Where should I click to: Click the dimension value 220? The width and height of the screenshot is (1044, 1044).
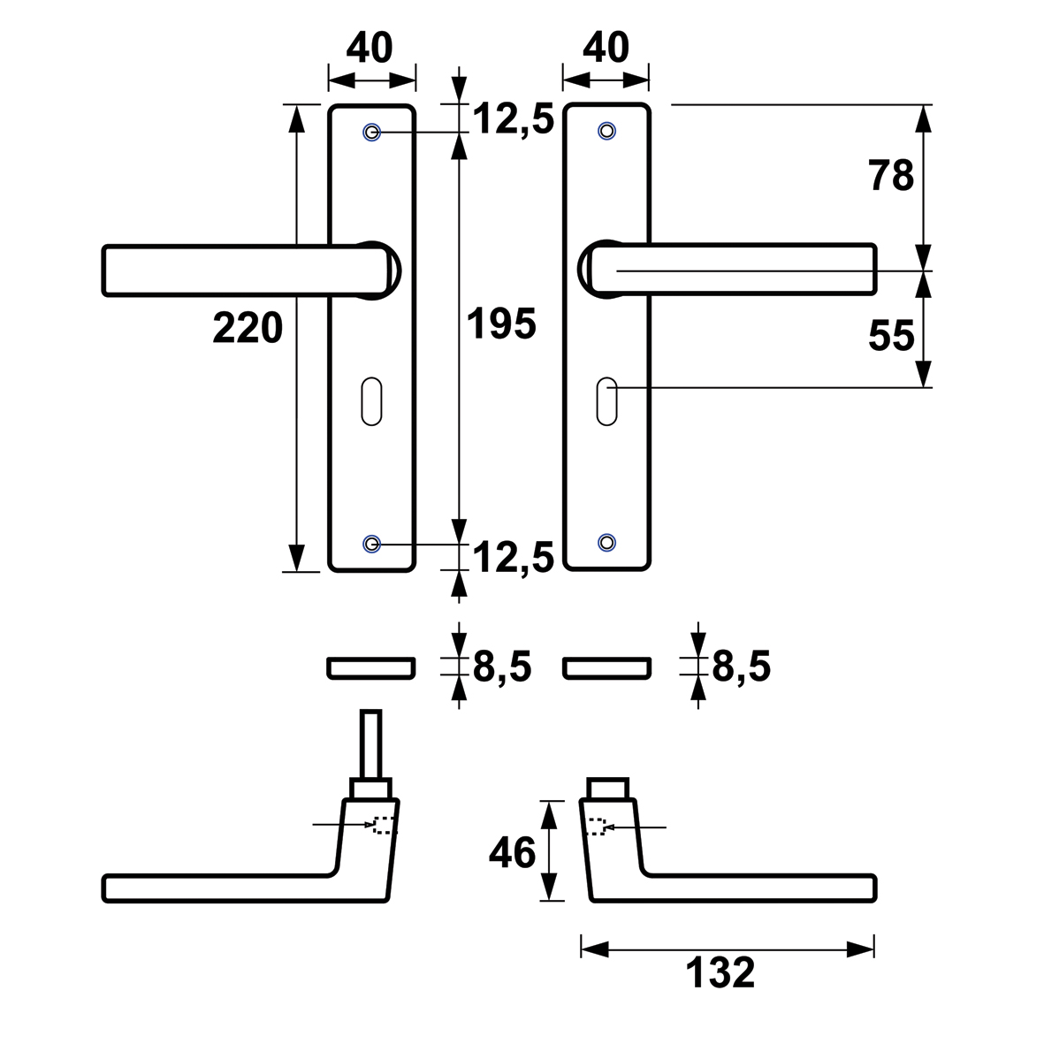(248, 328)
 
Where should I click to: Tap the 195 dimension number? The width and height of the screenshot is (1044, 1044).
(501, 324)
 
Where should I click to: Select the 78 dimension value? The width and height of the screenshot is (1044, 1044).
(892, 176)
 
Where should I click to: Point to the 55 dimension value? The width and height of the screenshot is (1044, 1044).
(892, 335)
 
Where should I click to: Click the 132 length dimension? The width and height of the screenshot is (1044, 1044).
(720, 972)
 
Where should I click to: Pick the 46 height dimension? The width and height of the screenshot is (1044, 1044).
(512, 852)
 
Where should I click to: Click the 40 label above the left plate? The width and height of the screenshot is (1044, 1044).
(370, 47)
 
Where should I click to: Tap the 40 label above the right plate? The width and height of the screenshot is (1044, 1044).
(606, 47)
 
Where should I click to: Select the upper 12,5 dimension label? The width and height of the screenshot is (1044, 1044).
(514, 120)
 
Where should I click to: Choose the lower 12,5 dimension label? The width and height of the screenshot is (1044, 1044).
(514, 557)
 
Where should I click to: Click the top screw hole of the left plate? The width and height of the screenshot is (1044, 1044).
(371, 132)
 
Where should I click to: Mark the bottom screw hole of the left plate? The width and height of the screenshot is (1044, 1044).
(371, 544)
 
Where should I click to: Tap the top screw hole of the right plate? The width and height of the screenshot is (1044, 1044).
(606, 131)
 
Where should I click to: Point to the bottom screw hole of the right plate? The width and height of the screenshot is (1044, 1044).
(606, 542)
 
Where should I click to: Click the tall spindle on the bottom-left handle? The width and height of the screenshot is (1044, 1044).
(371, 743)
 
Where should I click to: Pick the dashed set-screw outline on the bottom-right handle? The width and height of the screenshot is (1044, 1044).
(598, 827)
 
